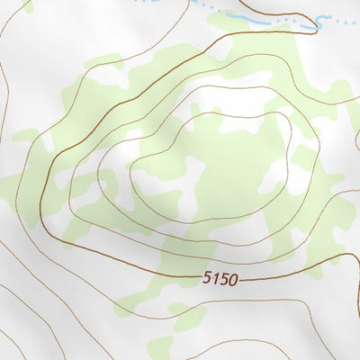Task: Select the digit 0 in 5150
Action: click(x=234, y=280)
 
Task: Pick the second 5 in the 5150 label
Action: click(x=226, y=280)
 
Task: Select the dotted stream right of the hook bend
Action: click(x=342, y=18)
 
